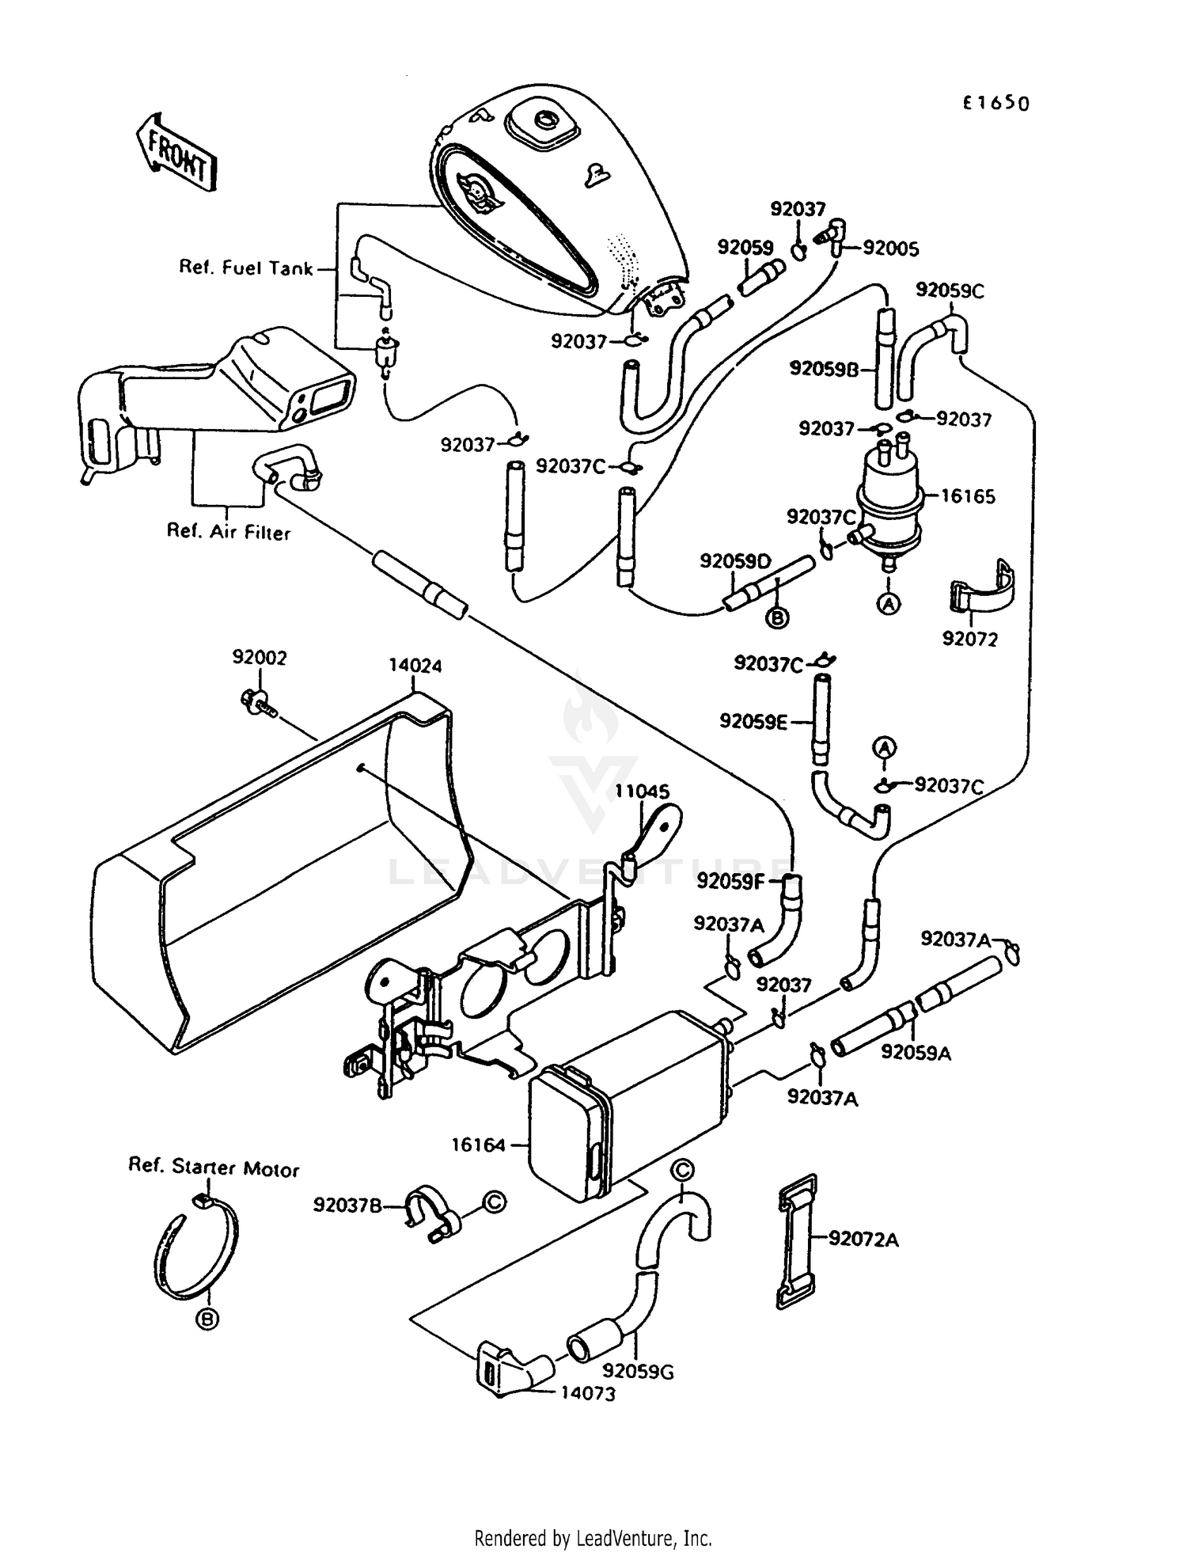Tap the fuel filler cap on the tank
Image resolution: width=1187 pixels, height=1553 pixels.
(x=544, y=120)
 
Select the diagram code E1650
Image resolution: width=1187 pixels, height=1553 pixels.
(x=995, y=103)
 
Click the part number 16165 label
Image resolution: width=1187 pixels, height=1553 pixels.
(x=967, y=497)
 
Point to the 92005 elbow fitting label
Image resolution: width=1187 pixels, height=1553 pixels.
(x=890, y=249)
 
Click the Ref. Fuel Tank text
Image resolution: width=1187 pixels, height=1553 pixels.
(x=245, y=268)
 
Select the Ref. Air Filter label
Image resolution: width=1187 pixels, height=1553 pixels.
(x=228, y=532)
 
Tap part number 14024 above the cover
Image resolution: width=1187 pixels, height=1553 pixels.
(x=415, y=666)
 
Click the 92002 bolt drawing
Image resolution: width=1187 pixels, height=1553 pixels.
(x=257, y=701)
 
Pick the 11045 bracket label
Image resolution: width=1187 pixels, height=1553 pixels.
(x=643, y=791)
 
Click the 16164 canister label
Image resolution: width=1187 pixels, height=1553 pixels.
(x=478, y=1145)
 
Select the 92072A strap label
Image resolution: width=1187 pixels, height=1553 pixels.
(x=863, y=1240)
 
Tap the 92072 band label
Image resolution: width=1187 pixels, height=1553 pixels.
(x=969, y=639)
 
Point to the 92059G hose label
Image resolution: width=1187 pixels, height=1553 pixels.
(x=637, y=1372)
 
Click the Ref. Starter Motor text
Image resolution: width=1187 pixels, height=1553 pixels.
(x=214, y=1168)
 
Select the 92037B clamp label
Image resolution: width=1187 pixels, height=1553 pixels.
(x=347, y=1206)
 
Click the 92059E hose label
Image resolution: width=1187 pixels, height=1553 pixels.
(x=753, y=722)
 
